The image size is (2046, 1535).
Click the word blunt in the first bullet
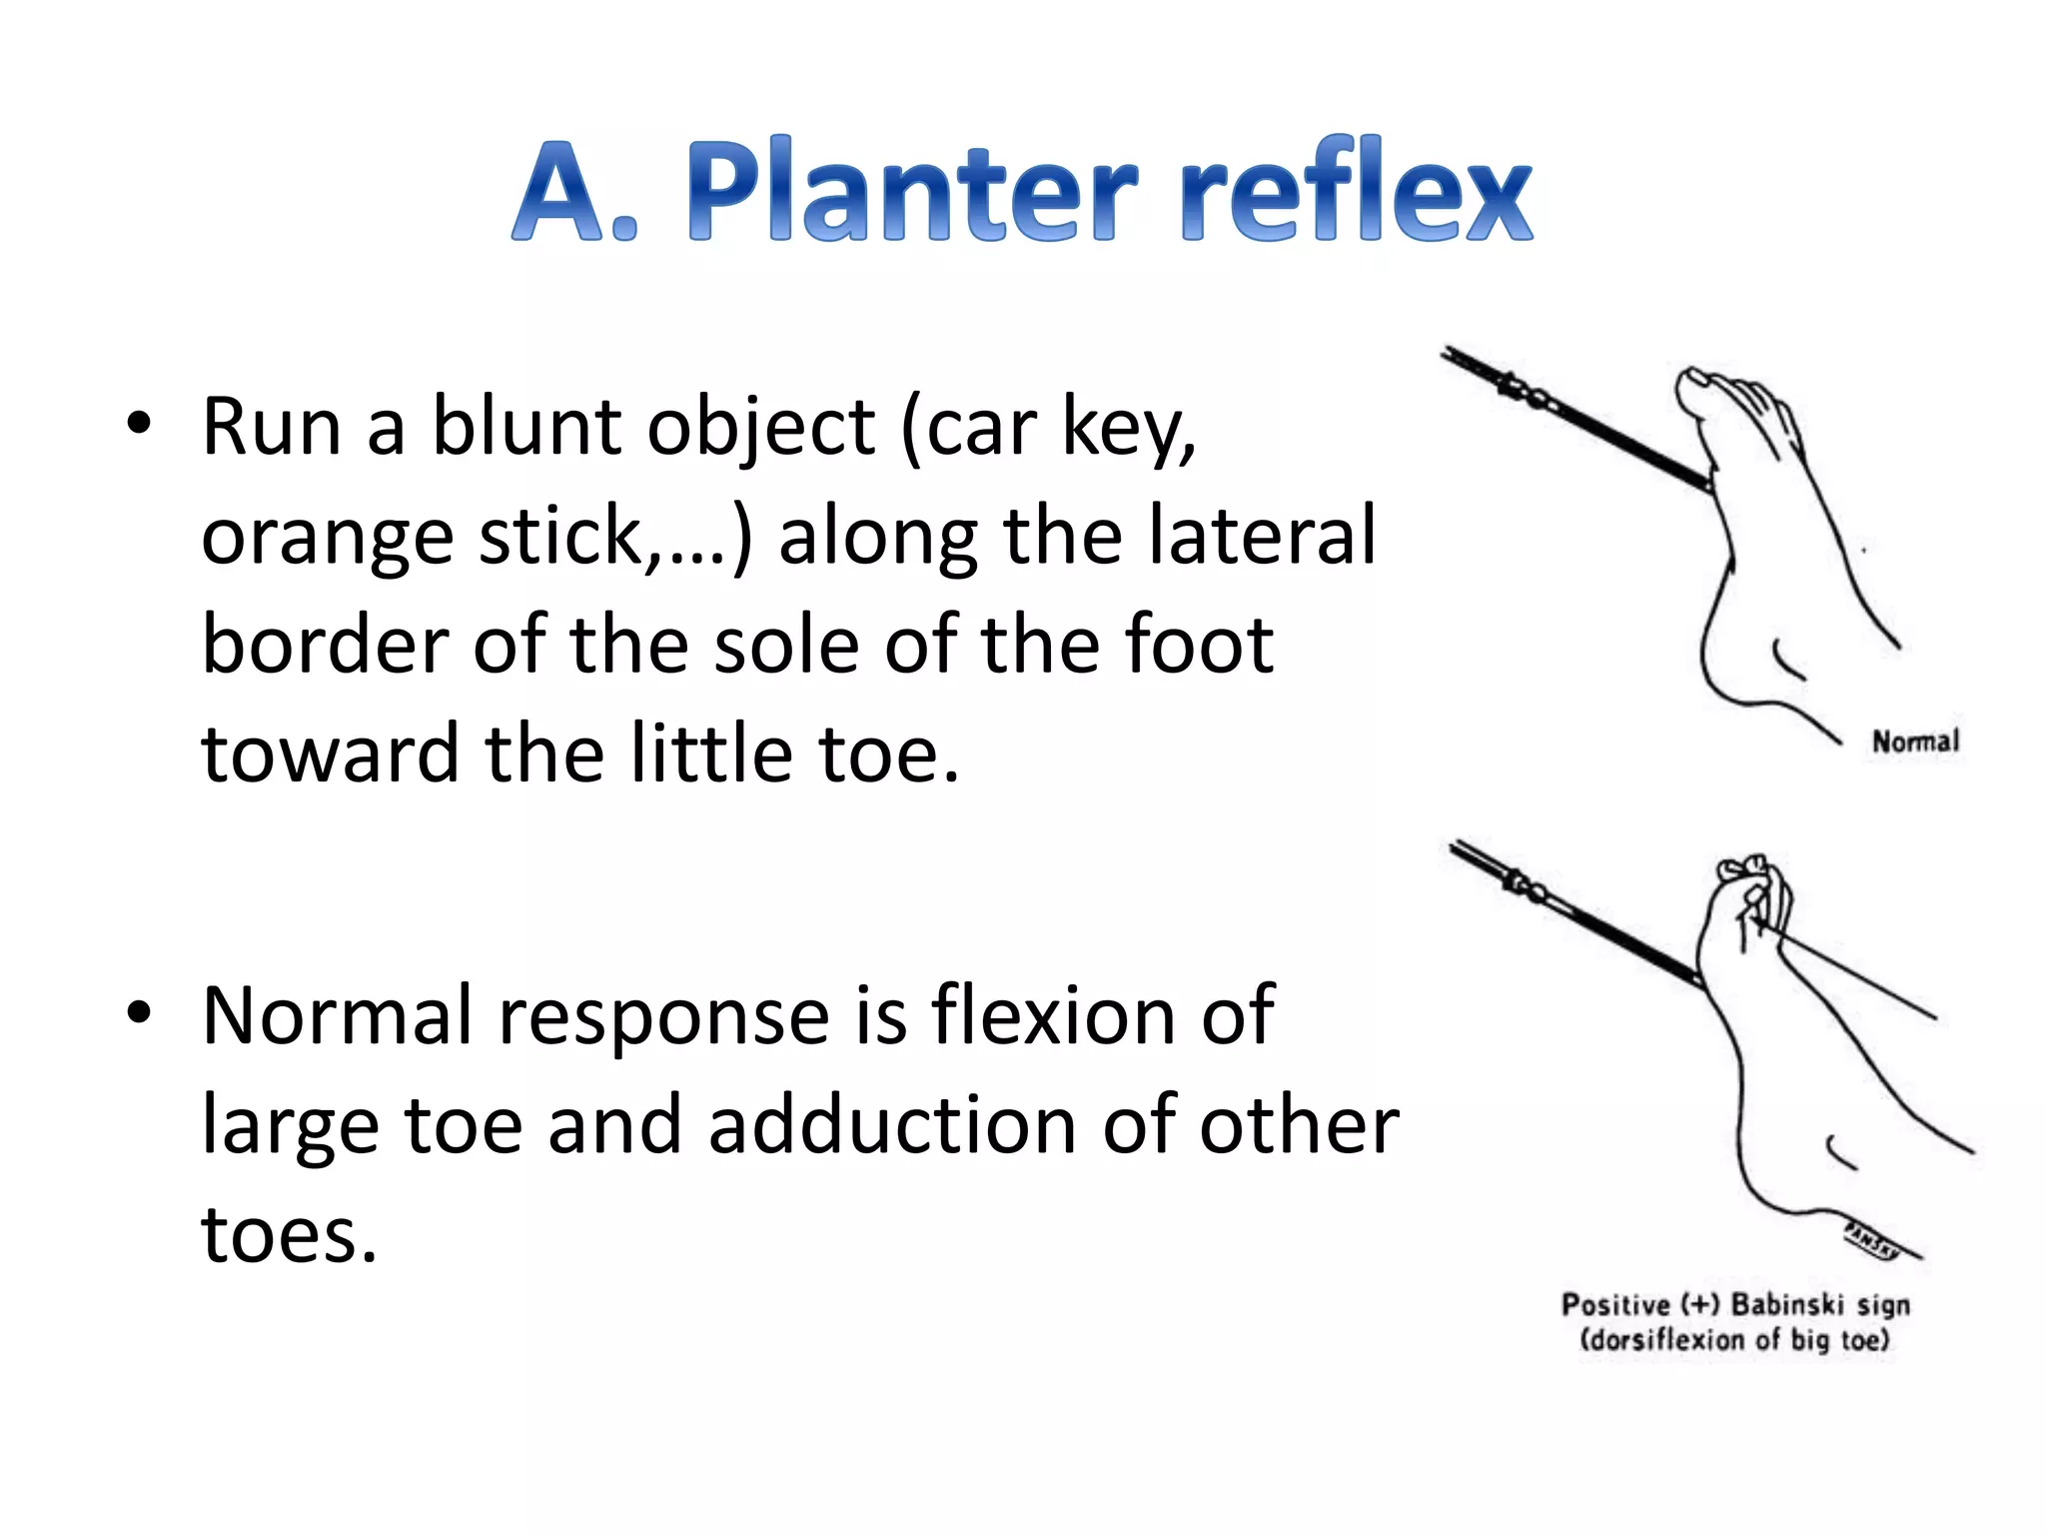(x=527, y=427)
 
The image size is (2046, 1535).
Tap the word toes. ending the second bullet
(x=289, y=1235)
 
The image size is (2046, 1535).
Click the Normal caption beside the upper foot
(x=1914, y=742)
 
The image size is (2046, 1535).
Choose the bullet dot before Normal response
(x=139, y=1013)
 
